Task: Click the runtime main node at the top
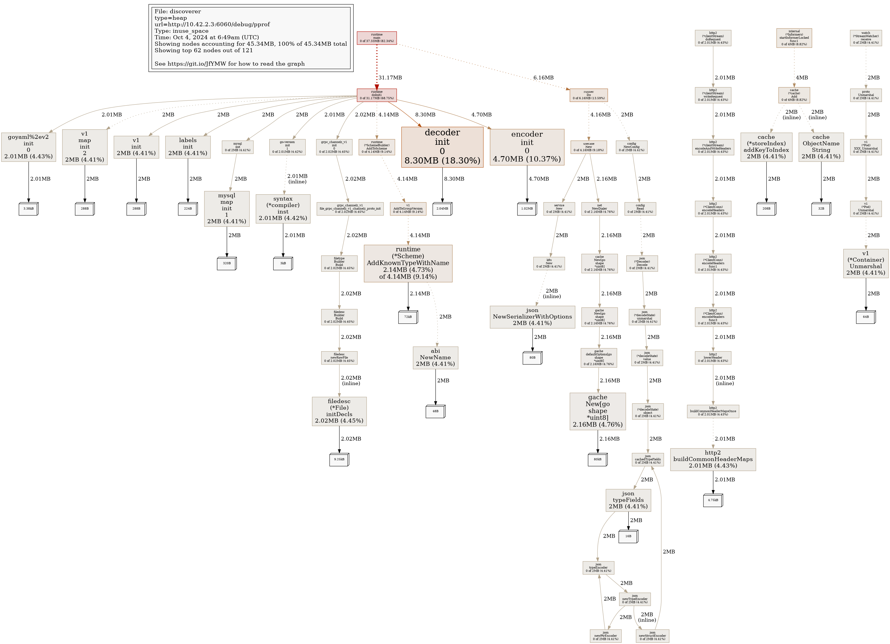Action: [376, 38]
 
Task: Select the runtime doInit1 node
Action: [376, 95]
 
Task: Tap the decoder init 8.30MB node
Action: [442, 147]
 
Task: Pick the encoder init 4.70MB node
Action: [527, 147]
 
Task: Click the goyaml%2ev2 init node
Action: [28, 147]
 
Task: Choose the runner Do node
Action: [588, 95]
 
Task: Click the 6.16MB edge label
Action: [543, 78]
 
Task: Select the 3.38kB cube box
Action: [28, 209]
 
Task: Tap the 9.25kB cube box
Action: [339, 459]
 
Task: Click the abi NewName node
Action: [435, 357]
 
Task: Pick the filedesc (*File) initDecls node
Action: [339, 411]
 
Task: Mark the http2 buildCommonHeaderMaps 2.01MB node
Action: [713, 459]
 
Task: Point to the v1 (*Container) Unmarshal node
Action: [865, 263]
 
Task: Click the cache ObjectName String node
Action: [821, 147]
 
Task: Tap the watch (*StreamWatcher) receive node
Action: [866, 38]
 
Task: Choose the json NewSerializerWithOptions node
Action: [532, 317]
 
